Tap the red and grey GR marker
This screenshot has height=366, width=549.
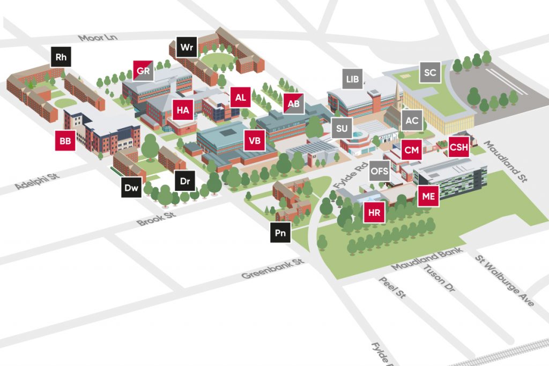click(143, 71)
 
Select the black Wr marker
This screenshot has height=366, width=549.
click(187, 47)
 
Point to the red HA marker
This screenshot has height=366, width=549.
click(183, 110)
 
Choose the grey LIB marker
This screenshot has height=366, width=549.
click(352, 79)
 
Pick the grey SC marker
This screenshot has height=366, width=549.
click(430, 73)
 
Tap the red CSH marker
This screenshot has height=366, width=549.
click(459, 146)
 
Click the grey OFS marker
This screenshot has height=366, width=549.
click(380, 171)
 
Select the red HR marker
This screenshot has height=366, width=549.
click(374, 213)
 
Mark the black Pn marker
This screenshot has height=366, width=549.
click(280, 233)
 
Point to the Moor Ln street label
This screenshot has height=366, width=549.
click(97, 38)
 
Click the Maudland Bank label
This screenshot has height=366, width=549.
click(426, 259)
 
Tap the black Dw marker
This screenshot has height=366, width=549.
click(131, 188)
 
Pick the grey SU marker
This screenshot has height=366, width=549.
click(342, 129)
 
